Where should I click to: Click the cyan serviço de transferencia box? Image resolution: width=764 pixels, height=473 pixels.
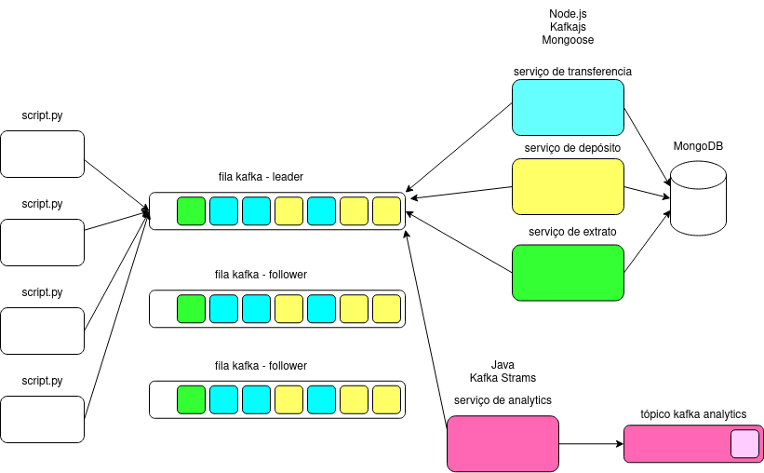pos(568,107)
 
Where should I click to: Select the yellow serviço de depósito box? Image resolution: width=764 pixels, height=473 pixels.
pos(568,186)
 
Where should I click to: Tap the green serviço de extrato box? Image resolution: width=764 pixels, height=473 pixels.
pos(568,272)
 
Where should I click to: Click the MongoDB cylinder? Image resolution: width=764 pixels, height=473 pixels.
pos(697,196)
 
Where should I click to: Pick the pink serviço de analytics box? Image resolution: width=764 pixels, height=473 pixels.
pos(503,443)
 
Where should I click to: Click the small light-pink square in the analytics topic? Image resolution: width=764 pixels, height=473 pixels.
pos(744,444)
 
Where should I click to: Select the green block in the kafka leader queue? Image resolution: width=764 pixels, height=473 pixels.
pos(191,211)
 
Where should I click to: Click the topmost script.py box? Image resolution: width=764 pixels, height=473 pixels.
pos(43,154)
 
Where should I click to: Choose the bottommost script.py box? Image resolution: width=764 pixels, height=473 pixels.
pos(43,419)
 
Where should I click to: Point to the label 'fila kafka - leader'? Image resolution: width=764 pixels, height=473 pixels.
pos(260,176)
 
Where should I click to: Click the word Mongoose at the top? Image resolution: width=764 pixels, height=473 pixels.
pos(568,40)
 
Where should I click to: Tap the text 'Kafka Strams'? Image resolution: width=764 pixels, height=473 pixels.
pos(503,378)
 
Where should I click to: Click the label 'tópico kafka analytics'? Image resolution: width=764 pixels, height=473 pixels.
pos(693,414)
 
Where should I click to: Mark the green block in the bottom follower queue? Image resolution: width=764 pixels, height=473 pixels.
pos(191,399)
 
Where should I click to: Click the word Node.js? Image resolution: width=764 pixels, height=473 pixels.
pos(568,14)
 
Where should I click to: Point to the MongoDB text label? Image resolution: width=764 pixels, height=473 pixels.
pos(698,146)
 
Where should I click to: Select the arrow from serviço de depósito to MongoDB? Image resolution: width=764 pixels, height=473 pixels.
pos(648,193)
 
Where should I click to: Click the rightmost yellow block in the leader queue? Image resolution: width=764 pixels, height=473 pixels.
pos(386,211)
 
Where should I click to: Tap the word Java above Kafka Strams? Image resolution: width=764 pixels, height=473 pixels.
pos(503,364)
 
